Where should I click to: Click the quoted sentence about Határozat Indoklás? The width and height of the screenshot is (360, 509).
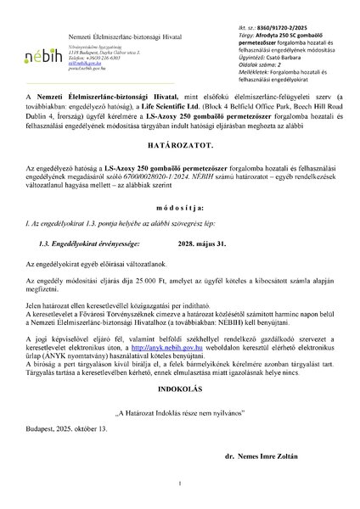coord(179,433)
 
